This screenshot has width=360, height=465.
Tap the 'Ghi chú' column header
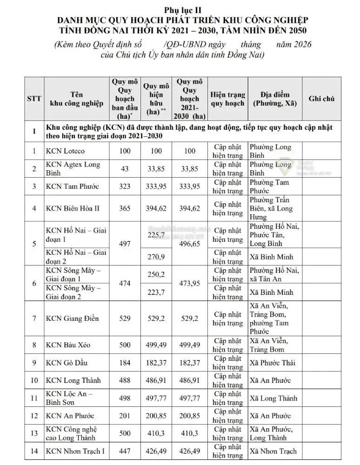click(x=321, y=99)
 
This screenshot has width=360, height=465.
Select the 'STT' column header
click(x=33, y=99)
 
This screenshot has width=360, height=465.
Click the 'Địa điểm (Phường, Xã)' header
click(x=274, y=99)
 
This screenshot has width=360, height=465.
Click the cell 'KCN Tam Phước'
click(x=72, y=186)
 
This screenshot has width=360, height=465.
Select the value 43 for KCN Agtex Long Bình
click(x=125, y=169)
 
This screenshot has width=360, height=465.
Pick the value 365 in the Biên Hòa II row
click(x=125, y=208)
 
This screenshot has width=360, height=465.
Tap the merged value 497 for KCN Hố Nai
click(x=125, y=244)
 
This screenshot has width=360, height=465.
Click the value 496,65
click(x=190, y=244)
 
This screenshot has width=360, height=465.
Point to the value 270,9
click(x=156, y=257)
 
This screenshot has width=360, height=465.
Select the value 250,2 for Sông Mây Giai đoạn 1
click(x=156, y=274)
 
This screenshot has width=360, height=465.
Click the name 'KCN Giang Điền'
click(x=72, y=319)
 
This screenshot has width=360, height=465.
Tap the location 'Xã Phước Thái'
click(x=273, y=363)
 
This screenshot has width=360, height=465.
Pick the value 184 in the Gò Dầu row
click(x=125, y=363)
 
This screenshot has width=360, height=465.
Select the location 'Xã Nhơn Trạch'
click(x=273, y=451)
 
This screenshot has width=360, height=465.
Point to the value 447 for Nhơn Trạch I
click(x=125, y=451)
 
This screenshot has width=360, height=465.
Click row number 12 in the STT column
click(x=33, y=416)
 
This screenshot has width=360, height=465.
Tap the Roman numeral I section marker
click(x=33, y=132)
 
